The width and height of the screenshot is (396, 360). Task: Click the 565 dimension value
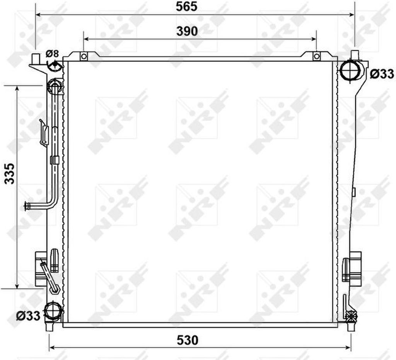pyautogui.click(x=187, y=7)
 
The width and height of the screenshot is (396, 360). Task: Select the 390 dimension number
pyautogui.click(x=187, y=31)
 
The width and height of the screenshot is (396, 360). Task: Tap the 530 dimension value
pyautogui.click(x=188, y=340)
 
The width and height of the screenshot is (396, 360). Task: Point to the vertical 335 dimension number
pyautogui.click(x=10, y=173)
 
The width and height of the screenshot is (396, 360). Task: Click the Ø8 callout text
pyautogui.click(x=52, y=53)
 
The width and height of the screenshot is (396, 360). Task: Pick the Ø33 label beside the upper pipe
pyautogui.click(x=382, y=74)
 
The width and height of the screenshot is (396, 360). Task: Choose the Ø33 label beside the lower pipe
pyautogui.click(x=28, y=316)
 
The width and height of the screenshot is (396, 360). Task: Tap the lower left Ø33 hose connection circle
pyautogui.click(x=53, y=311)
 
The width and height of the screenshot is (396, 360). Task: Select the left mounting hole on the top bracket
pyautogui.click(x=84, y=56)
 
